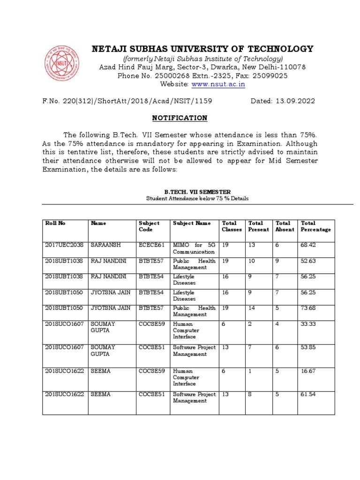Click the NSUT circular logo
[x=62, y=62]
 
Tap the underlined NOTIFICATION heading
[x=180, y=118]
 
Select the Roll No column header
[x=55, y=224]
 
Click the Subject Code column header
[x=149, y=226]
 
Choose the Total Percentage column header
[x=315, y=226]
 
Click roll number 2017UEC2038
[x=64, y=245]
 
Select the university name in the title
[x=202, y=49]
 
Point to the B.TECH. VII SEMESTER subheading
[x=197, y=192]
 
